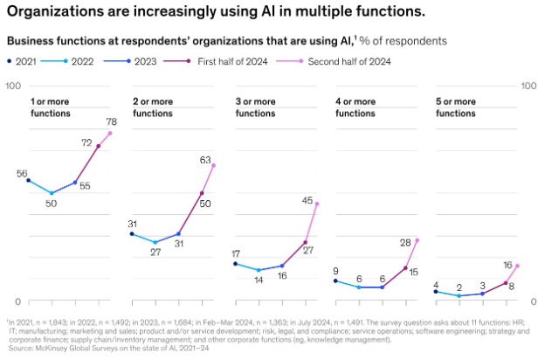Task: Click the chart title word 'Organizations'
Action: point(55,12)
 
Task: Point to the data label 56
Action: point(23,173)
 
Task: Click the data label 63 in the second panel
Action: point(206,160)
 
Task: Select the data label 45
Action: point(307,200)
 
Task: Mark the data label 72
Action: point(86,142)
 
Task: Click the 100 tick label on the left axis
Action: point(13,86)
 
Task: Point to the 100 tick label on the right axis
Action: point(528,86)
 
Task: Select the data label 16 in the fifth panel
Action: point(507,264)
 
